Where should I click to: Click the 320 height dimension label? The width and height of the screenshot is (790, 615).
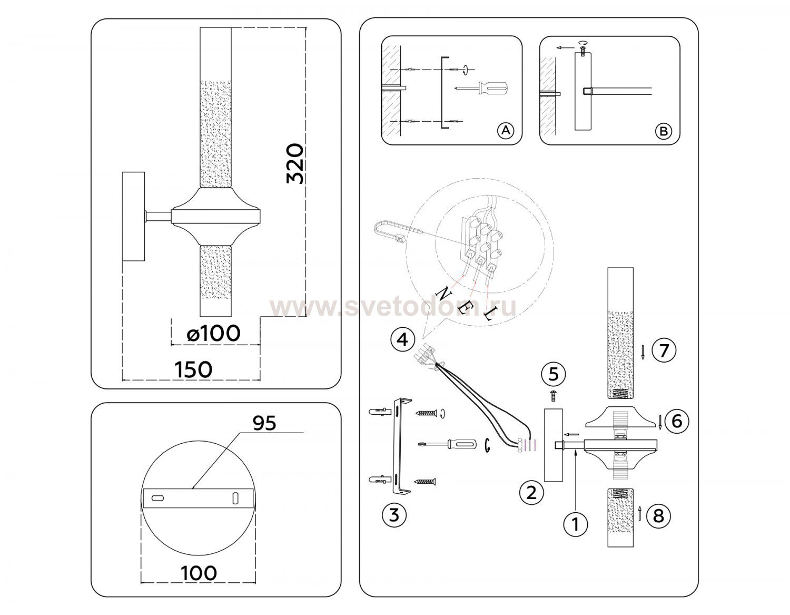pyautogui.click(x=295, y=164)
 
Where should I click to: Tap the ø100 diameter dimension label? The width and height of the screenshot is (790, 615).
pyautogui.click(x=214, y=333)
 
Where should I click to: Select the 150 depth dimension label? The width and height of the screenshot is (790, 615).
pyautogui.click(x=193, y=369)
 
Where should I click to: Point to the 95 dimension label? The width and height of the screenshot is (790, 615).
pyautogui.click(x=264, y=423)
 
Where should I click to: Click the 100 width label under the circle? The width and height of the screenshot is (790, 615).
pyautogui.click(x=199, y=573)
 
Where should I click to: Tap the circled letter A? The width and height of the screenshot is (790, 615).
pyautogui.click(x=506, y=130)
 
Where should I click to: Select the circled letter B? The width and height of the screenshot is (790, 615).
pyautogui.click(x=664, y=131)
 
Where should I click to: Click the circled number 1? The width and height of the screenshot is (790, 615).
pyautogui.click(x=576, y=524)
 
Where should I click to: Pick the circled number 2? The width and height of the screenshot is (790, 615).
pyautogui.click(x=531, y=493)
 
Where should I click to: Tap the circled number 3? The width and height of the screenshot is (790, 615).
pyautogui.click(x=394, y=515)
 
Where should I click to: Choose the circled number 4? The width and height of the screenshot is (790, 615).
pyautogui.click(x=402, y=340)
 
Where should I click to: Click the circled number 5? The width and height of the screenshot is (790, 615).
pyautogui.click(x=554, y=374)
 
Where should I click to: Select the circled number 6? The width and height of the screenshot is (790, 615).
pyautogui.click(x=677, y=421)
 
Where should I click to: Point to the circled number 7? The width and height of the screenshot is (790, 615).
pyautogui.click(x=664, y=350)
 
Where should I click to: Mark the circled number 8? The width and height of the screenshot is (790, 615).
pyautogui.click(x=659, y=516)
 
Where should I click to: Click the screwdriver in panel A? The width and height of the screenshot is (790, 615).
pyautogui.click(x=482, y=88)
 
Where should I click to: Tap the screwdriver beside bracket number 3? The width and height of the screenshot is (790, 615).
pyautogui.click(x=448, y=444)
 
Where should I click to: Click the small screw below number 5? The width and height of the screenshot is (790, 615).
pyautogui.click(x=554, y=395)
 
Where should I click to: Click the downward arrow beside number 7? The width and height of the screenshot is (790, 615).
pyautogui.click(x=643, y=352)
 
